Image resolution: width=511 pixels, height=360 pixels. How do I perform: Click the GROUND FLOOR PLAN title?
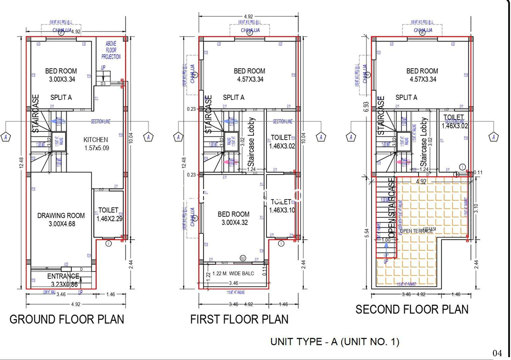pyautogui.click(x=67, y=319)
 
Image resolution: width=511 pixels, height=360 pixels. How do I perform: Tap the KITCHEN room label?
pyautogui.click(x=96, y=140)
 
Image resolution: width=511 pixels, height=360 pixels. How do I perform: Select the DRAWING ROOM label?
pyautogui.click(x=61, y=216)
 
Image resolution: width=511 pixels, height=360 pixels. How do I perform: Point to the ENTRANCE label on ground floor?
pyautogui.click(x=63, y=276)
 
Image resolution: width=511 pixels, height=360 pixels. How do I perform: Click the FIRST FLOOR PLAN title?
pyautogui.click(x=239, y=319)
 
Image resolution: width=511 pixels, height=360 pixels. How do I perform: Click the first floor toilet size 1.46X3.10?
pyautogui.click(x=282, y=210)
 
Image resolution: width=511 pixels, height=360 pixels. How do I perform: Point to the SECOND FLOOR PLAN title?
pyautogui.click(x=412, y=309)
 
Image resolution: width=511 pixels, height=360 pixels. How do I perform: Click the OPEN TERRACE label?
pyautogui.click(x=416, y=231)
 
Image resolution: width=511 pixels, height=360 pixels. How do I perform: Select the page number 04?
pyautogui.click(x=497, y=353)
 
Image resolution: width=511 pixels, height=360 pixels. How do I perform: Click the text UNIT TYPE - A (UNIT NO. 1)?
pyautogui.click(x=335, y=341)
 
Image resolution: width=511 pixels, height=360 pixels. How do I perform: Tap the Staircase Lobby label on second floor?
pyautogui.click(x=424, y=142)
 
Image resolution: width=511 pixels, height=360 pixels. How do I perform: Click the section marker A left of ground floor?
pyautogui.click(x=6, y=137)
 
